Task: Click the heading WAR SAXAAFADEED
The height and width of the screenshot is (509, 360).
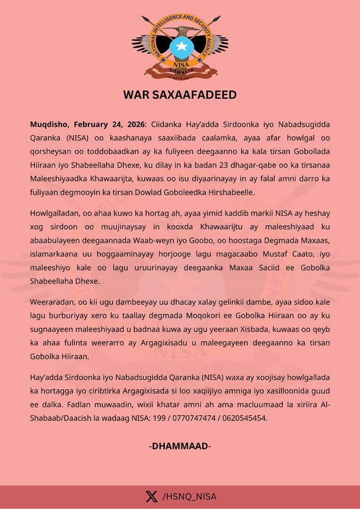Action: coord(180,95)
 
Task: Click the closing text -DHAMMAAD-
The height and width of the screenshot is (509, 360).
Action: coord(180,446)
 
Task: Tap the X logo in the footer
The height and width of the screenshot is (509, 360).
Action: coord(151,496)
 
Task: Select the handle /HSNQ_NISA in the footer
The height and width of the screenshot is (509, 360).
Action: coord(189,496)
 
